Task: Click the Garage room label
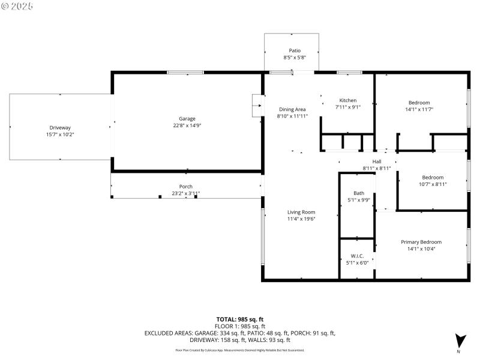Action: (187, 118)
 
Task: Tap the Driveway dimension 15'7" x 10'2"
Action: (60, 134)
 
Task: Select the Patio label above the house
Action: (295, 50)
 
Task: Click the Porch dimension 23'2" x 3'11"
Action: (185, 193)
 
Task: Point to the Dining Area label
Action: (292, 109)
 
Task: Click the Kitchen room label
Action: (348, 100)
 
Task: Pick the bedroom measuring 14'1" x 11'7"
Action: (419, 103)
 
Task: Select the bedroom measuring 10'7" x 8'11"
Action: (432, 177)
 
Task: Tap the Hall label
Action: (376, 161)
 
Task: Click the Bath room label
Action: (358, 193)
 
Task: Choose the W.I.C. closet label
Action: (358, 254)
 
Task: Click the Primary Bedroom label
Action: (421, 242)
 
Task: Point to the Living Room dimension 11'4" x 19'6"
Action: (301, 219)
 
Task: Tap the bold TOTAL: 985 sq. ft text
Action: (240, 319)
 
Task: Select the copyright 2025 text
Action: (18, 5)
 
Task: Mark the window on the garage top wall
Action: (186, 72)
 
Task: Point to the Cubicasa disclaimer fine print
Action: (239, 350)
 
